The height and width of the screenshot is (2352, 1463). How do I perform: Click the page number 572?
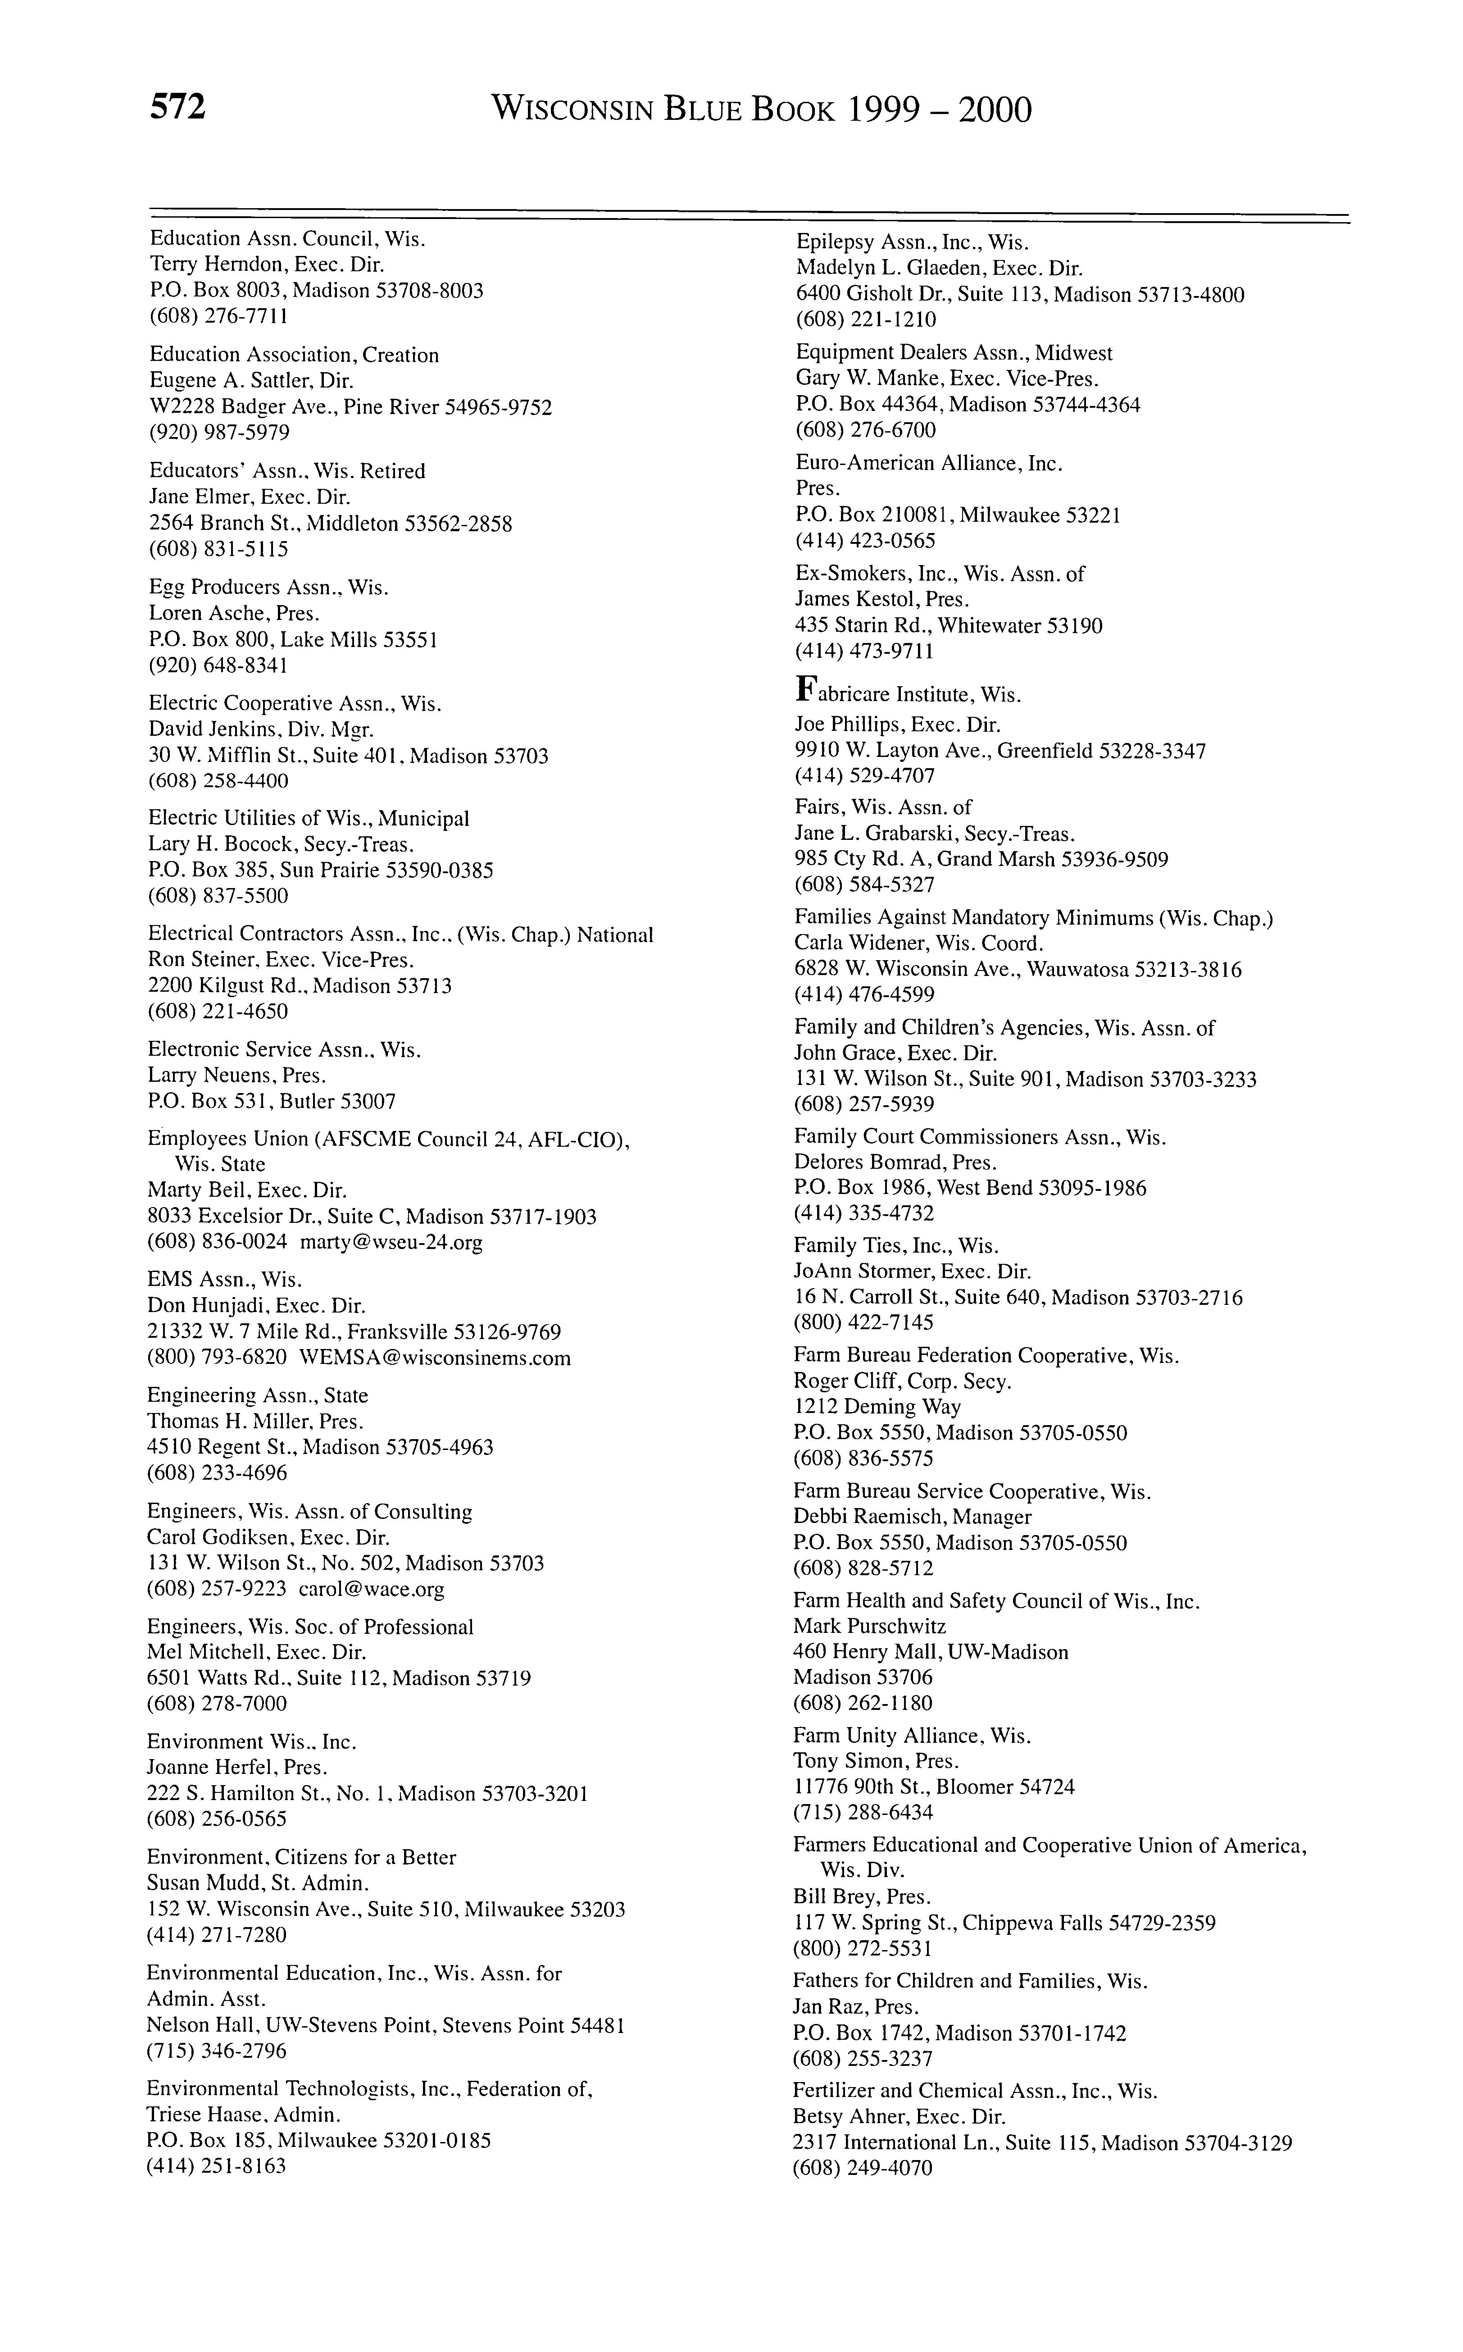[178, 109]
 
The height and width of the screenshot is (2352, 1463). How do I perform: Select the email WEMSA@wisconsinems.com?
[436, 1358]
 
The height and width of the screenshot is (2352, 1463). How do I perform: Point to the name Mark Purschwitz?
[869, 1627]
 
